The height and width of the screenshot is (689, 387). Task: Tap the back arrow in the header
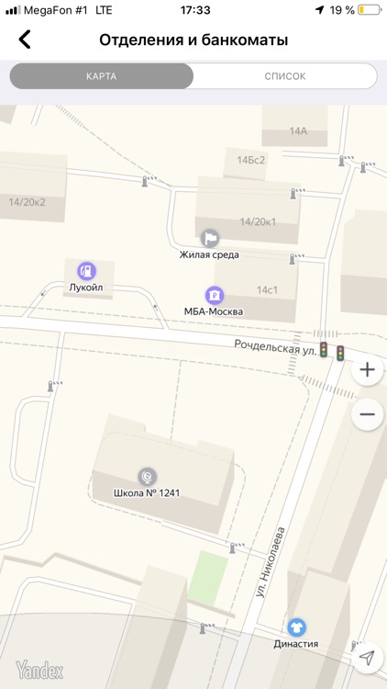tap(25, 40)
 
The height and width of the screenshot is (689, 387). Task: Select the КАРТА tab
tap(101, 76)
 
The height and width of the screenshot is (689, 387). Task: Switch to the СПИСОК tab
tap(284, 76)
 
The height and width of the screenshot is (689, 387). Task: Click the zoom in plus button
tap(368, 370)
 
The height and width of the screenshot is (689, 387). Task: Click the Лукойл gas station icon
tap(86, 270)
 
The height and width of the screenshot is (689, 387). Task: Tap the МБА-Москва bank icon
tap(213, 295)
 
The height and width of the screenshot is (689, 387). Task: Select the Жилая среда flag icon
tap(210, 239)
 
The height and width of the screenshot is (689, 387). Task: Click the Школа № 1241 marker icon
tap(146, 476)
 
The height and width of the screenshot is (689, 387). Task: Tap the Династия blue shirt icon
tap(296, 627)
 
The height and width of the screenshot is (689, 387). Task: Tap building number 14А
tap(298, 131)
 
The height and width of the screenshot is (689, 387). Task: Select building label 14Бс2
tap(250, 160)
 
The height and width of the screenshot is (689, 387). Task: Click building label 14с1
tap(267, 290)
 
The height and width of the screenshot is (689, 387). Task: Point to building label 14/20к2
tap(27, 202)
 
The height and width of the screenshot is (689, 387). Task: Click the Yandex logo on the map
tap(39, 671)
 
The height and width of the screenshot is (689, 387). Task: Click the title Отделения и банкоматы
tap(193, 40)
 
